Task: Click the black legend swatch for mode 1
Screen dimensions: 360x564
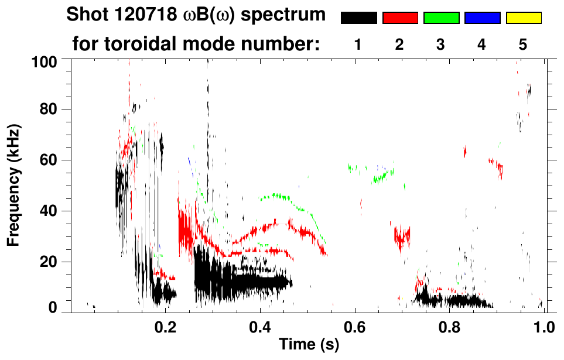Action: tap(359, 18)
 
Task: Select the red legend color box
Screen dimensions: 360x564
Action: tap(400, 18)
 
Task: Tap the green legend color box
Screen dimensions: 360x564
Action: tap(441, 18)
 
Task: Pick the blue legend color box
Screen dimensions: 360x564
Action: tap(482, 18)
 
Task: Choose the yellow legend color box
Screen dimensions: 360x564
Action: tap(523, 18)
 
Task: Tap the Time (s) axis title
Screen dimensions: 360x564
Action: tap(308, 345)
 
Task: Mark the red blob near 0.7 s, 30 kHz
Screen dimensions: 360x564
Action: tap(402, 237)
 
